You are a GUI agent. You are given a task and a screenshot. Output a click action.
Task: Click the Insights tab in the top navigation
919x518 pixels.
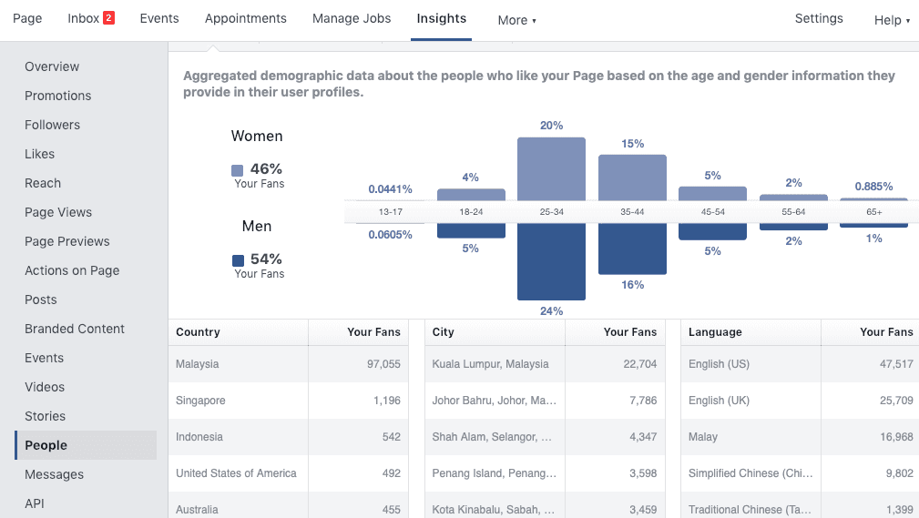[441, 18]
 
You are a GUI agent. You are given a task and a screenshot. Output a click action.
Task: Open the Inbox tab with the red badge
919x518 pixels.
[90, 18]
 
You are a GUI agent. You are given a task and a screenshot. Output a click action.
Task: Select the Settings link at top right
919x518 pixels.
[819, 18]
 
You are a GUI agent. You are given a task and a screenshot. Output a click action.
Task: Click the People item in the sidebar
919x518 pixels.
[46, 445]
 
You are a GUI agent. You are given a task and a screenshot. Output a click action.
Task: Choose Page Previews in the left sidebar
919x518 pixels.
[67, 241]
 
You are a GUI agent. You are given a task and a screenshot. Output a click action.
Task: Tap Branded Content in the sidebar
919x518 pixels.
[75, 329]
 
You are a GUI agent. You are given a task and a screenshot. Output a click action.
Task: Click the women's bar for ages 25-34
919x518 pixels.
[551, 168]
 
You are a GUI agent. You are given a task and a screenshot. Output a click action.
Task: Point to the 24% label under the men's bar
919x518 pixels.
[551, 311]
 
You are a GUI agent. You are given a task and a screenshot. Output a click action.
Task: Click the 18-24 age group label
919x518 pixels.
[471, 212]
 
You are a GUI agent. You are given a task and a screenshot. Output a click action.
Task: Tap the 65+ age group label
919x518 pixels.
[874, 212]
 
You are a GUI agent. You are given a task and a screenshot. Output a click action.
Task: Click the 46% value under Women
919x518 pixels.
[266, 168]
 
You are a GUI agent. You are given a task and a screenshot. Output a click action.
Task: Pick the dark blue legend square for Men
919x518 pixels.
[238, 260]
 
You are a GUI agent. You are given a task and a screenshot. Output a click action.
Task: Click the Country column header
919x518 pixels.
[199, 332]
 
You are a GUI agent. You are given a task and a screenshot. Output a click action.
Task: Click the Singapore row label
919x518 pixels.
[200, 401]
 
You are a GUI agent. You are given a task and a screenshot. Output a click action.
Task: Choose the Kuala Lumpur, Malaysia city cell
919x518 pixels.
[491, 364]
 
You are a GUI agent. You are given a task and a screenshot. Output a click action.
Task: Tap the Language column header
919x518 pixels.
[715, 332]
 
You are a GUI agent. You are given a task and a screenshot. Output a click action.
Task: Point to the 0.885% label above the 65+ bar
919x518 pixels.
[873, 187]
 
